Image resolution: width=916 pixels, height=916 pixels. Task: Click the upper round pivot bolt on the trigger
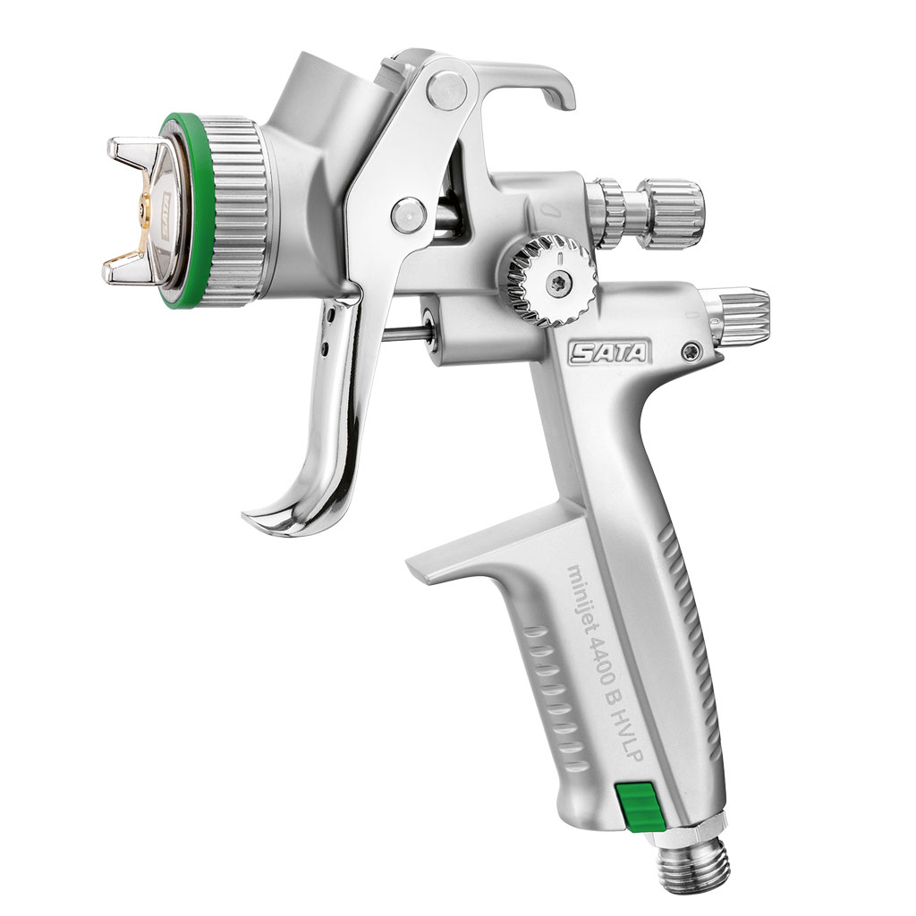pos(445,89)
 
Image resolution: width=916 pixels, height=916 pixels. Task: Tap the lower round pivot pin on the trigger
pos(408,213)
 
